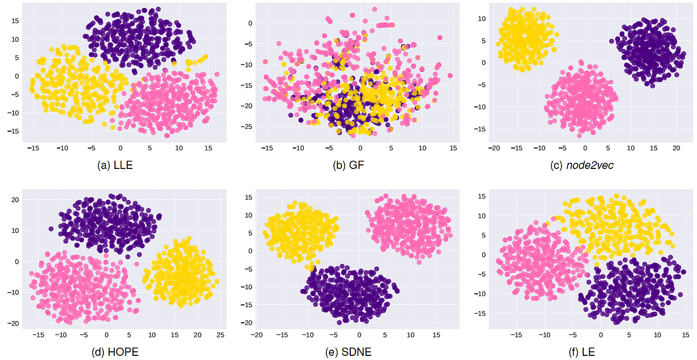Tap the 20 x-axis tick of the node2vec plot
coord(676,149)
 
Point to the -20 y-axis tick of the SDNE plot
coord(247,323)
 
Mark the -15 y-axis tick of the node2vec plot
coord(481,129)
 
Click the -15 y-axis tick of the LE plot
coord(481,314)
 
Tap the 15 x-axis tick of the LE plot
coord(685,335)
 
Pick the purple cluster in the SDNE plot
coord(351,293)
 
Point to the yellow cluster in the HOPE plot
coord(181,273)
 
